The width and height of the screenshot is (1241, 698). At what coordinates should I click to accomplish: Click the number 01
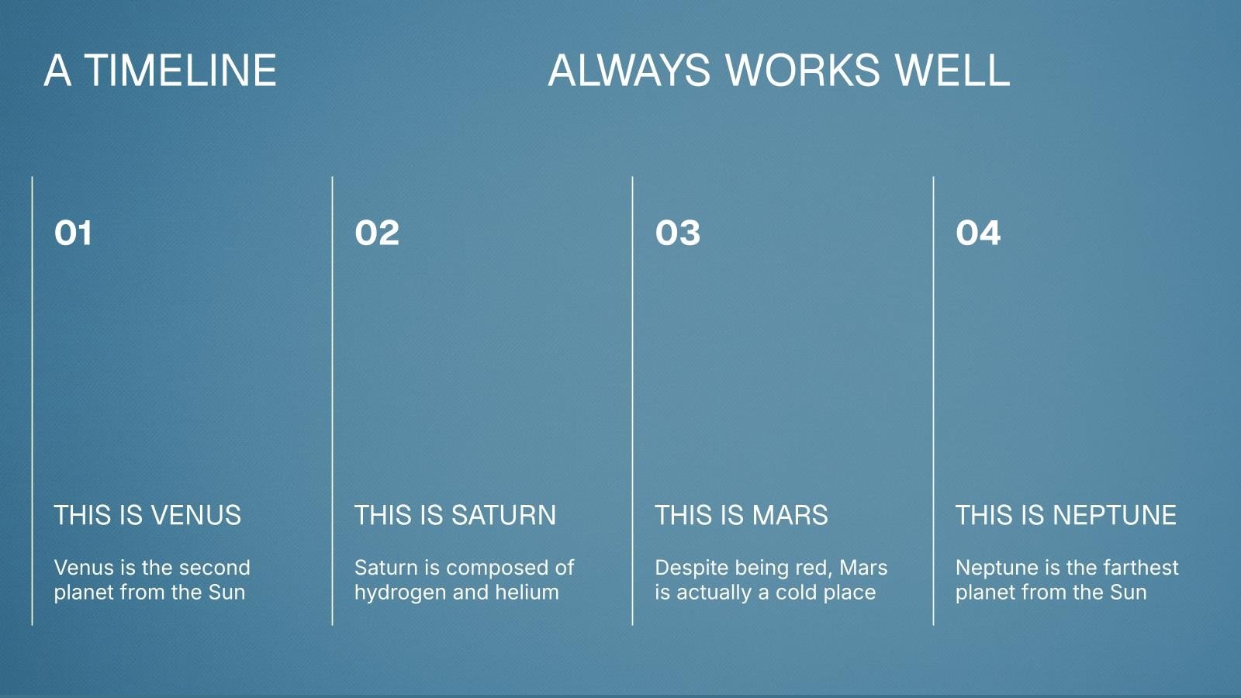[73, 233]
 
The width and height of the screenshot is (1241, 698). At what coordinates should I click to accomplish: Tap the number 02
[377, 233]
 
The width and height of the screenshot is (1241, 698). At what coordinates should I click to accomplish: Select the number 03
[678, 233]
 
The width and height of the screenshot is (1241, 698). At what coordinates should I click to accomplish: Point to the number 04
[978, 233]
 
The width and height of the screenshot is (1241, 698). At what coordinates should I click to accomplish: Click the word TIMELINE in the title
[181, 71]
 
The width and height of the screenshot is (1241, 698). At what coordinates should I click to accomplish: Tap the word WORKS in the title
[803, 71]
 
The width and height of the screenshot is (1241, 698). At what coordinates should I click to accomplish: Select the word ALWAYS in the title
[629, 71]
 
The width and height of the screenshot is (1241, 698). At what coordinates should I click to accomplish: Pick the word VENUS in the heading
[196, 515]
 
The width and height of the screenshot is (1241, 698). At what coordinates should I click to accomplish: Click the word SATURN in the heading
[503, 515]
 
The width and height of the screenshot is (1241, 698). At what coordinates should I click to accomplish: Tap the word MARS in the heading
[790, 515]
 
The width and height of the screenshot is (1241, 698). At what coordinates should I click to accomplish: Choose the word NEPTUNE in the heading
[1115, 515]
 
